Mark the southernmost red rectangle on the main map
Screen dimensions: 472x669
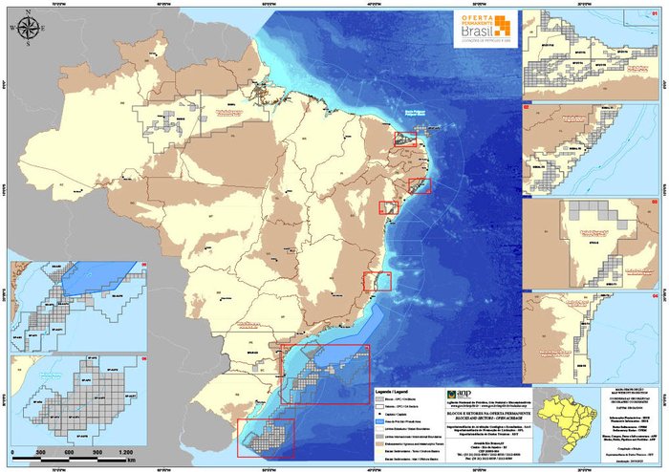click(266, 440)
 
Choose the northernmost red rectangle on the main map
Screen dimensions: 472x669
click(406, 139)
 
